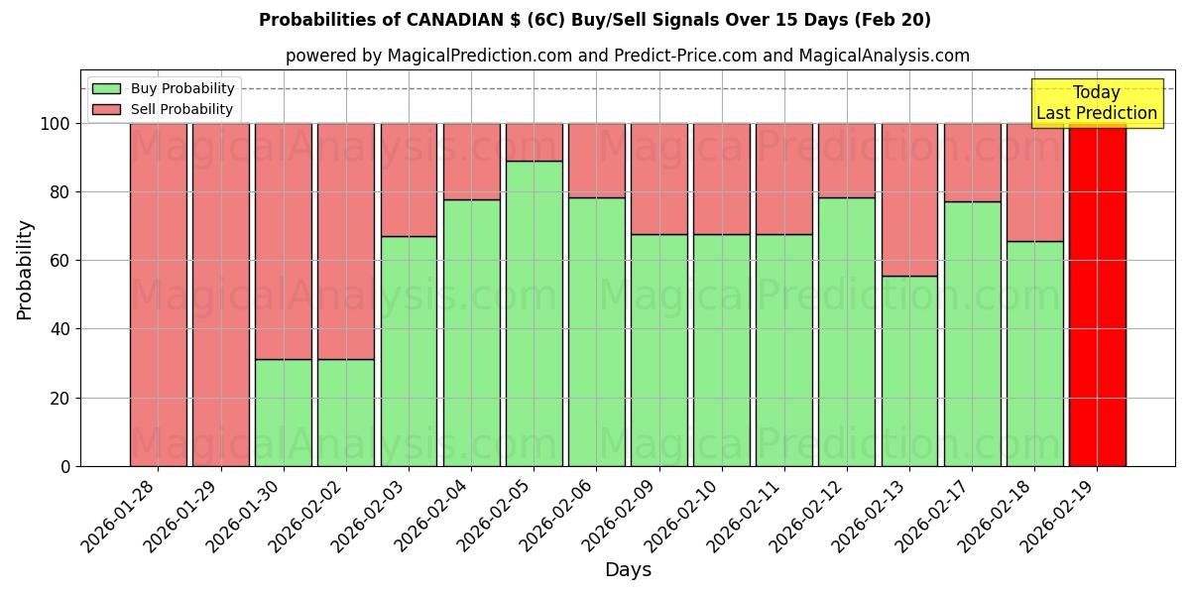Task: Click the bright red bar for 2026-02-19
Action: click(1097, 295)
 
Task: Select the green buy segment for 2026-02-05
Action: click(534, 313)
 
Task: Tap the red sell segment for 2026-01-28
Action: click(158, 295)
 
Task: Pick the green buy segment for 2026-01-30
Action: click(283, 413)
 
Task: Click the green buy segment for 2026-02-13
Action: click(909, 371)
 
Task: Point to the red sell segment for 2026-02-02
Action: click(345, 241)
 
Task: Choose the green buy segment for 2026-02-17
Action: click(972, 333)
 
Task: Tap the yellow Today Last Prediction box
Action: click(1096, 103)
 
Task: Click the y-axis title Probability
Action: click(25, 270)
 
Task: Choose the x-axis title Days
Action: click(628, 570)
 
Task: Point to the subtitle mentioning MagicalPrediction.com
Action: click(627, 56)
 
